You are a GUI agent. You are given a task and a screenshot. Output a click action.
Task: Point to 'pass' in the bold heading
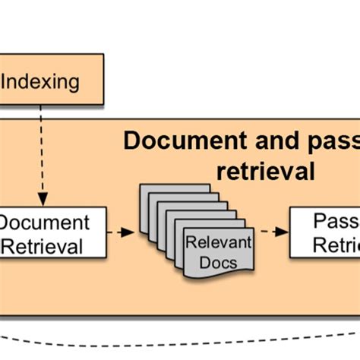pos(327,142)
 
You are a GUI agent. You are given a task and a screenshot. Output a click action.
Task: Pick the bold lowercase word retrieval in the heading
pos(265,171)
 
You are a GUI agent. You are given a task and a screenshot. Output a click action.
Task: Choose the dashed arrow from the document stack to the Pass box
pos(270,232)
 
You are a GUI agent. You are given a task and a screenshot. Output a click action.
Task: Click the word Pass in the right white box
pos(335,222)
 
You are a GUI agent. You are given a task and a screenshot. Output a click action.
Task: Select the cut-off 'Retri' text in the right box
pos(335,245)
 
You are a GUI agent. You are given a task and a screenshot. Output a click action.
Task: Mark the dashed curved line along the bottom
pos(180,339)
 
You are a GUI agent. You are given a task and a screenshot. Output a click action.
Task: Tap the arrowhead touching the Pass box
pos(283,232)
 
